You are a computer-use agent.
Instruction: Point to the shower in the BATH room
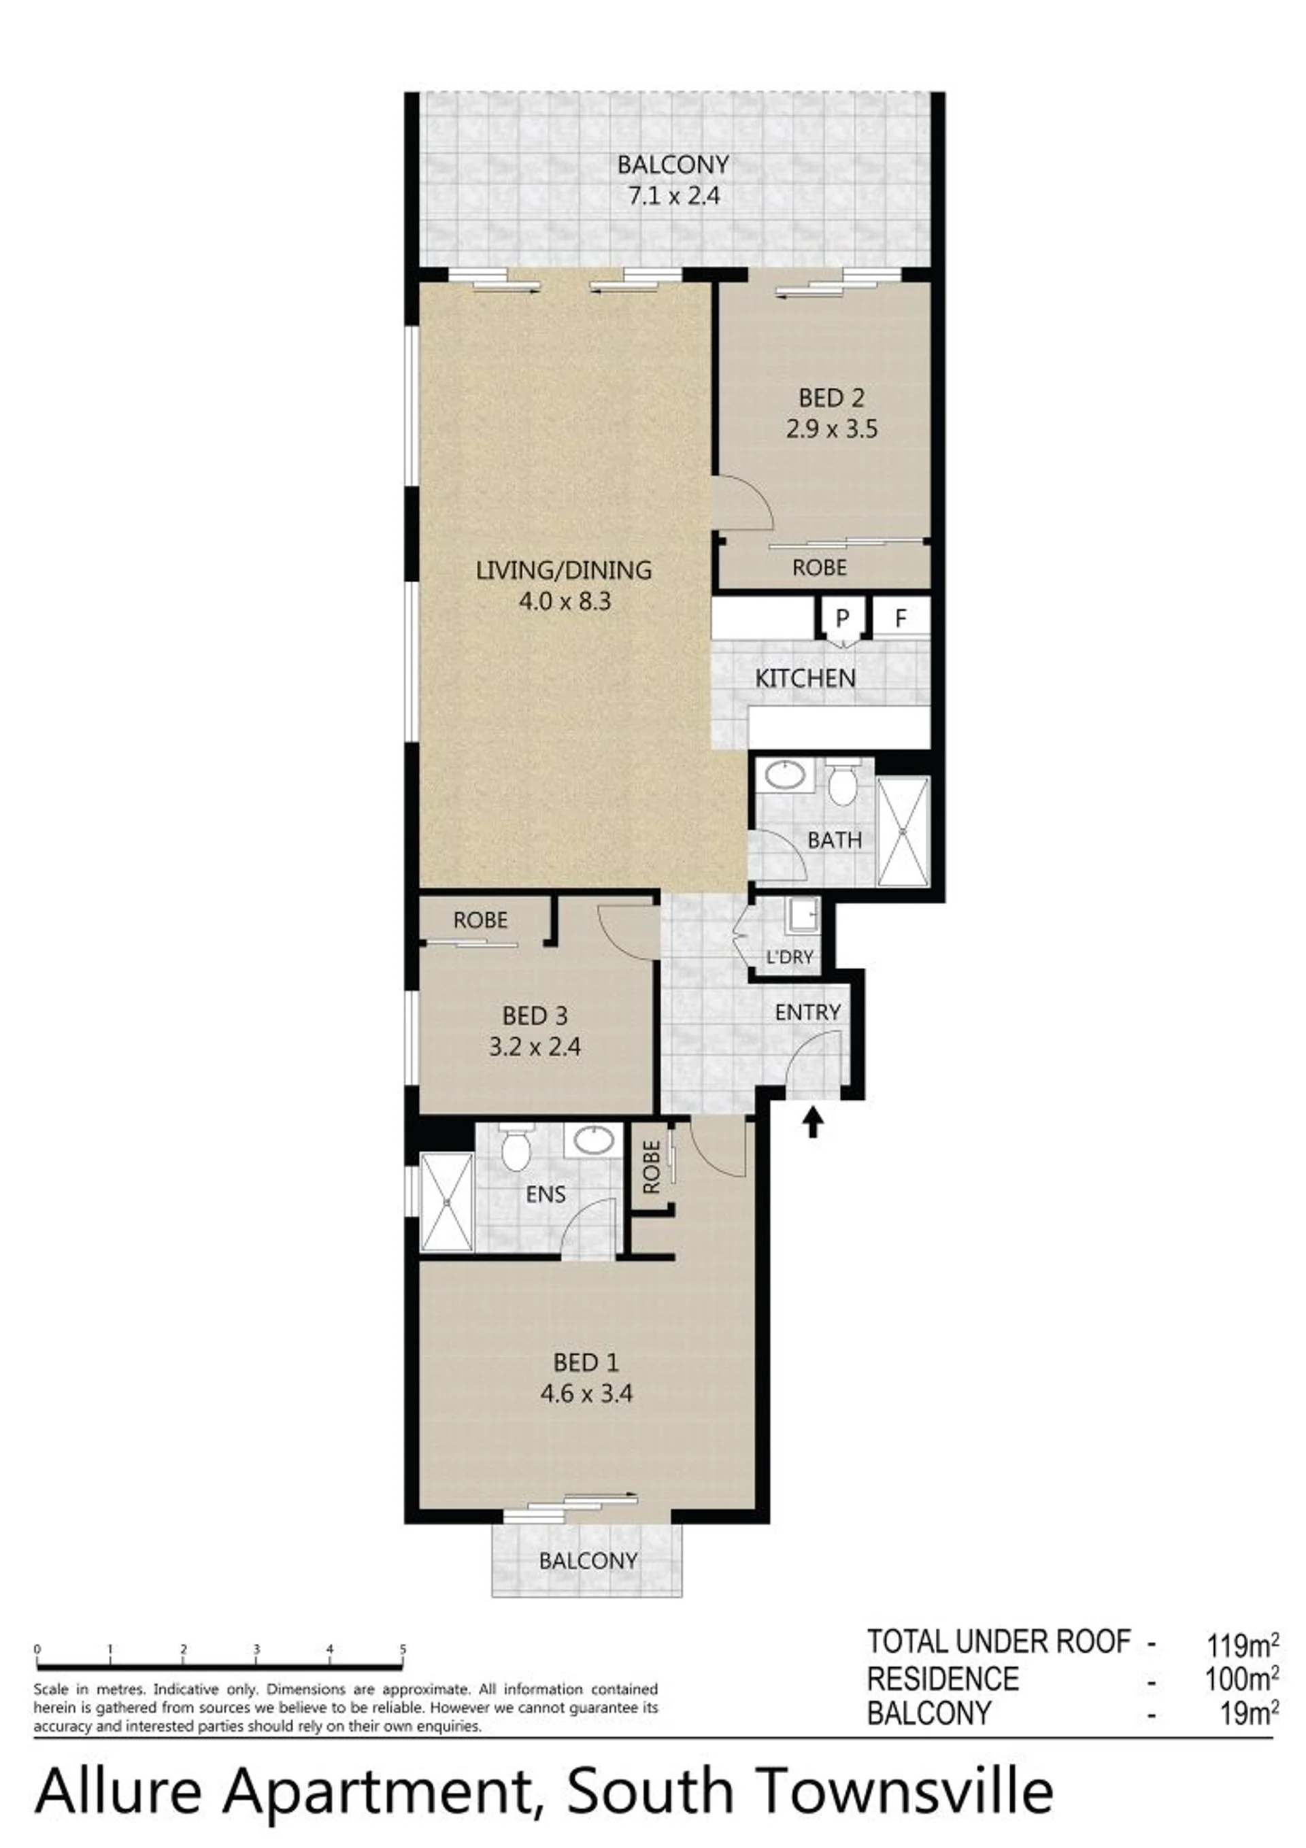[x=903, y=830]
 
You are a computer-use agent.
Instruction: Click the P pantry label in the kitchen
[x=842, y=618]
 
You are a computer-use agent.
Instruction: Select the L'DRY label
[x=790, y=958]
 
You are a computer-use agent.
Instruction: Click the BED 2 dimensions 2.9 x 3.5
[x=832, y=429]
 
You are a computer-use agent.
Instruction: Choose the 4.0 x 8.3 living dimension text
[x=565, y=601]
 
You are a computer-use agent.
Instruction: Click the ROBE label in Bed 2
[x=820, y=567]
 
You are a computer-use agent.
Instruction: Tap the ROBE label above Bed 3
[x=481, y=920]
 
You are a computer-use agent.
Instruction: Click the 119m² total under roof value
[x=1242, y=1646]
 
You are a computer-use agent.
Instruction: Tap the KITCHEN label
[x=805, y=677]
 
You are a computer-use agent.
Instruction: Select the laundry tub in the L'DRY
[x=803, y=914]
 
